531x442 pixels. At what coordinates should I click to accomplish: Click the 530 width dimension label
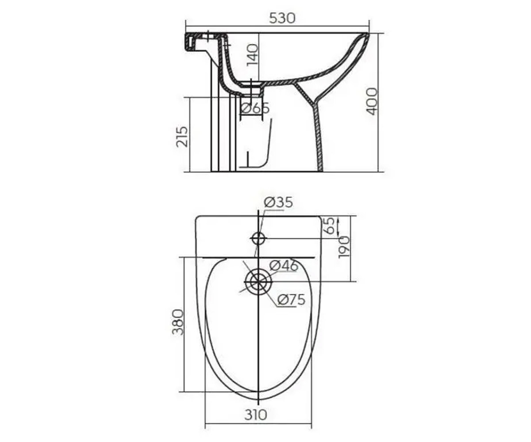282,18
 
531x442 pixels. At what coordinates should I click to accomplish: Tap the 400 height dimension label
372,101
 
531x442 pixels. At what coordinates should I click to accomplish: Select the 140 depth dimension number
252,55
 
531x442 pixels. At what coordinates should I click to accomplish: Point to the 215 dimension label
182,137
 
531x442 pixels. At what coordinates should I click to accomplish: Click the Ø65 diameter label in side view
254,108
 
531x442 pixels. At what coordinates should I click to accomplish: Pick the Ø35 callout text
278,202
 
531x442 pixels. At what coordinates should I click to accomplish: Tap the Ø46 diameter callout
284,266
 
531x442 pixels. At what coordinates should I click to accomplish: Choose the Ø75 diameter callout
291,300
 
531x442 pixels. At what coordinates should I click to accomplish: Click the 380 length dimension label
178,322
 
